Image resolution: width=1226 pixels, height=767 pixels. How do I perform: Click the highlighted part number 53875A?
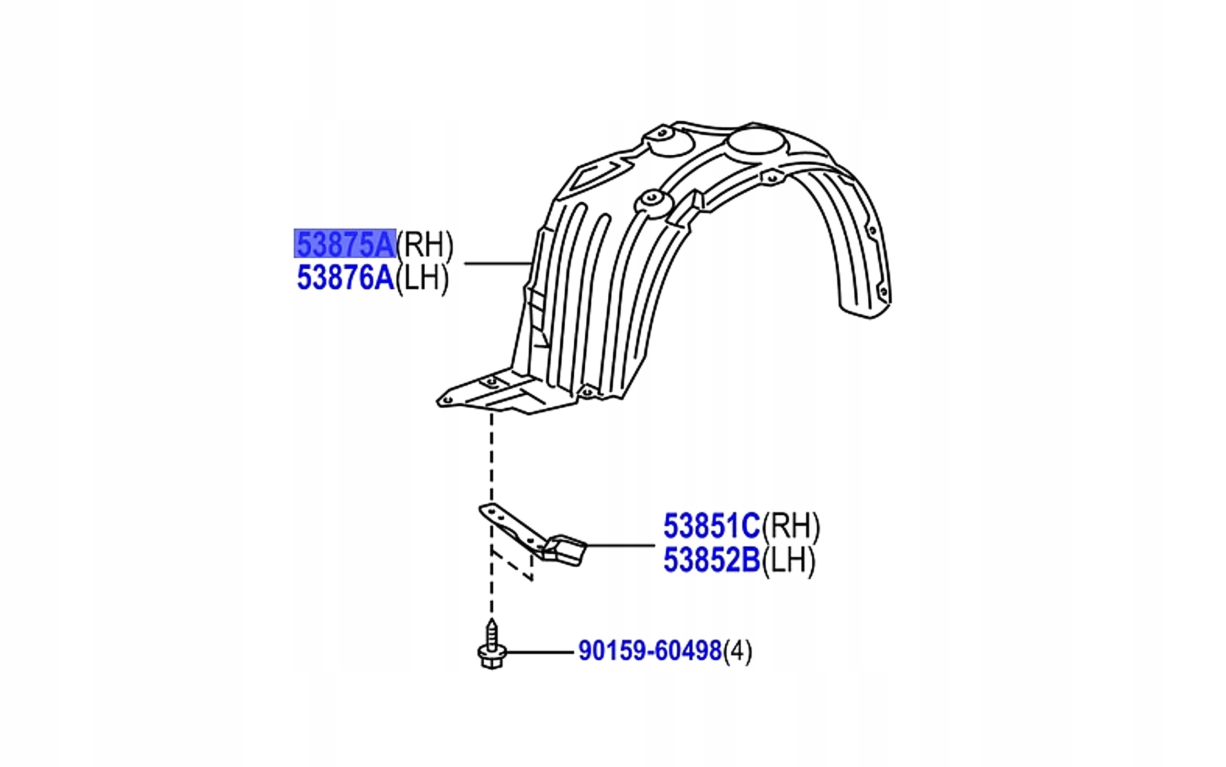pyautogui.click(x=345, y=244)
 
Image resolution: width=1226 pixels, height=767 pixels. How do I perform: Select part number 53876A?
pyautogui.click(x=345, y=278)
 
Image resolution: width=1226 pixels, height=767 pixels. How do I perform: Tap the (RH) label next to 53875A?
pyautogui.click(x=424, y=245)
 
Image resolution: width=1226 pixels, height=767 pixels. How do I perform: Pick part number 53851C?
pyautogui.click(x=711, y=526)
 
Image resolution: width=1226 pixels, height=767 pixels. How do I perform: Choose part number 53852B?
pyautogui.click(x=711, y=561)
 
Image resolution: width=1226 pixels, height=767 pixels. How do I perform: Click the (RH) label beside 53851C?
pyautogui.click(x=791, y=527)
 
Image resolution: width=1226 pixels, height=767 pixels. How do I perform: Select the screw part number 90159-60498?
pyautogui.click(x=650, y=651)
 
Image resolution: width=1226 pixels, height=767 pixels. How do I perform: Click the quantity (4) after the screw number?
pyautogui.click(x=738, y=652)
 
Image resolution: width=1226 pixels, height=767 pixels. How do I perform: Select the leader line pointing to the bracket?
pyautogui.click(x=621, y=546)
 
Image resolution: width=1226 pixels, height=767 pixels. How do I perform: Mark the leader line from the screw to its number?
pyautogui.click(x=540, y=652)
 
